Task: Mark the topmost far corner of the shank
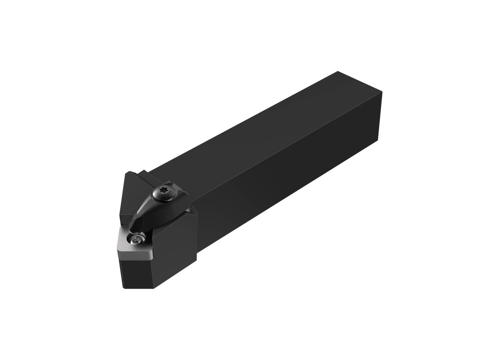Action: click(x=338, y=72)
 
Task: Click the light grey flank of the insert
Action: click(x=136, y=253)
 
